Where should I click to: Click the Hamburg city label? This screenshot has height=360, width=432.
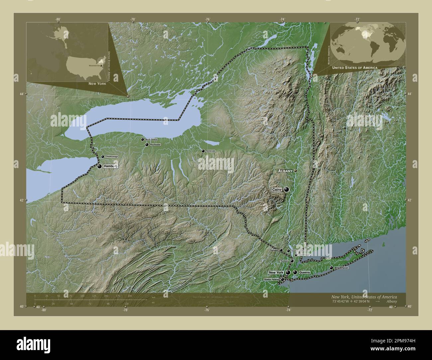coord(110,166)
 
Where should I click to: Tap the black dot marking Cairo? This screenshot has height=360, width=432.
coord(286,190)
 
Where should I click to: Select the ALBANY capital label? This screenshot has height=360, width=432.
coord(285,171)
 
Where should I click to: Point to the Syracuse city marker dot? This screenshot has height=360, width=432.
coord(203,151)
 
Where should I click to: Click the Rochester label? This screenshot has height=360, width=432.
coord(155,145)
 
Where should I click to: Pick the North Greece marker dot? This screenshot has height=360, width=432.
coord(143,140)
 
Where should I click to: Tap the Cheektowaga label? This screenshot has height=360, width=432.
coord(112,156)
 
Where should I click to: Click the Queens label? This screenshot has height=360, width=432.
coord(304,272)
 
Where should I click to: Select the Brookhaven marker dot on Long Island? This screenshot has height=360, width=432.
coord(331,268)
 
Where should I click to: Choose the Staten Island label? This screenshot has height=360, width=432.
coord(271,280)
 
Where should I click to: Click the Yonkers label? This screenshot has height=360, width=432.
coord(285,261)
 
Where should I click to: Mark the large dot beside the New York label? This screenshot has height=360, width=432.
coord(288,273)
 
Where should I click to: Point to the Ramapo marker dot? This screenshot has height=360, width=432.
coord(281,250)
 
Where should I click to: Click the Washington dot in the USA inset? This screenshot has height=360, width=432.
coord(101,66)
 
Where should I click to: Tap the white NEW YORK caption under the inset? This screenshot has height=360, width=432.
coord(97,84)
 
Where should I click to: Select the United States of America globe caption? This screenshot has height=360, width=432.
coord(354,67)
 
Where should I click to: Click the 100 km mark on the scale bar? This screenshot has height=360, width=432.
coord(82,296)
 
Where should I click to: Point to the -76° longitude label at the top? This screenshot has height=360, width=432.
coord(207,19)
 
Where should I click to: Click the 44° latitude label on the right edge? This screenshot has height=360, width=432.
coord(410,94)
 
